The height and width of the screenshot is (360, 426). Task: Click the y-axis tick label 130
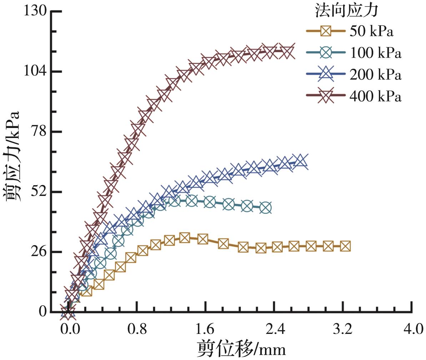tap(35, 11)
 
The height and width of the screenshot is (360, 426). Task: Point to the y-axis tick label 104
tap(35, 71)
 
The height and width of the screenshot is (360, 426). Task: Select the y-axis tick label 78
tap(38, 131)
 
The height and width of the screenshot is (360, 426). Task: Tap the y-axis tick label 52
tap(38, 191)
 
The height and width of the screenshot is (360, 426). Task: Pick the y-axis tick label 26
tap(38, 251)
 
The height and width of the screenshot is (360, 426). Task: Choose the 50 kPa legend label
tap(371, 31)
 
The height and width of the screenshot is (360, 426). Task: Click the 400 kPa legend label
tap(375, 96)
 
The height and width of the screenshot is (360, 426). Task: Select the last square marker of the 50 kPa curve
tap(345, 246)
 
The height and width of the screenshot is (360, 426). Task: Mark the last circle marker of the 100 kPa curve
tap(265, 207)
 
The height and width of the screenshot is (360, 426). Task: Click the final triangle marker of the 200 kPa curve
tap(300, 160)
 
